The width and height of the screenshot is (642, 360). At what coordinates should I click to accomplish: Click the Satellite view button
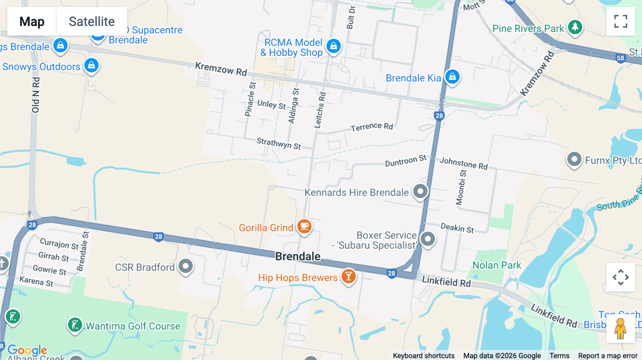point(92,21)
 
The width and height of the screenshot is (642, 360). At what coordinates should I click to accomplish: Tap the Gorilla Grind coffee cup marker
point(304,226)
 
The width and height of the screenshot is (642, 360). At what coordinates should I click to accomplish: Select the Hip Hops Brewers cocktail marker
point(348,276)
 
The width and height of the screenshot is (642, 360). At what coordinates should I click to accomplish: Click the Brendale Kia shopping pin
point(452,77)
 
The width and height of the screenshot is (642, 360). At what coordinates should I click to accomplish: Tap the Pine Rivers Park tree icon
point(575,27)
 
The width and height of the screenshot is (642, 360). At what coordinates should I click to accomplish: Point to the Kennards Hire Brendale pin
point(420,191)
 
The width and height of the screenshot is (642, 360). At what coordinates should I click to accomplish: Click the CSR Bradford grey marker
point(185,266)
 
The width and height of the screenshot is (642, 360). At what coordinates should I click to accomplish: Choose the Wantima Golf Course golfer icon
point(75,325)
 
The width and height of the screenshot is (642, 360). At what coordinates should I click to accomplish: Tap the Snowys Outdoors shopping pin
point(91,66)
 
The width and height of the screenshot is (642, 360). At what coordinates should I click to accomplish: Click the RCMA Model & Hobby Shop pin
point(333,46)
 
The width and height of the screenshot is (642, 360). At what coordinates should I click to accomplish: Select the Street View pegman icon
point(620,329)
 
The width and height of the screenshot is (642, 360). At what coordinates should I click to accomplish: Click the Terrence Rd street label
point(372,127)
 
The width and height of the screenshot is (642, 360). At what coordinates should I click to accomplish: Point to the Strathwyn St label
point(279,143)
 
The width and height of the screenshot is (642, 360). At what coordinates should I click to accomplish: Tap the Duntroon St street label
point(406,161)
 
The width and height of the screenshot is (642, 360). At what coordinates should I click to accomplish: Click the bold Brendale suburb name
point(298,256)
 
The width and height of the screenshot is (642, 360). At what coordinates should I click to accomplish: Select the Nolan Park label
point(496,265)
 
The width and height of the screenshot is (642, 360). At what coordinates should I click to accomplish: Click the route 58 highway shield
point(620,58)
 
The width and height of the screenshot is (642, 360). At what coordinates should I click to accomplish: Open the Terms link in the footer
point(559,355)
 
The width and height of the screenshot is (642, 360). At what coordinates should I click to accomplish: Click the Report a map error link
point(608,355)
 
